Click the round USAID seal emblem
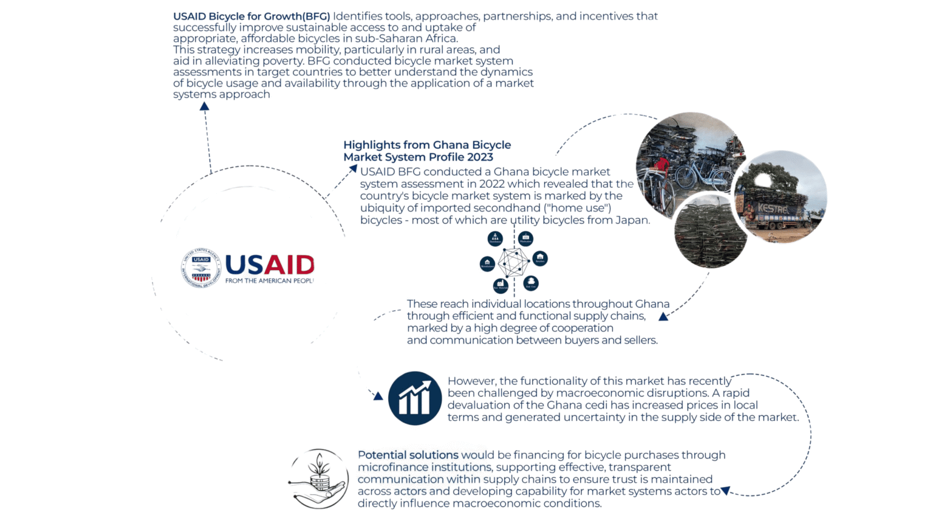click(201, 268)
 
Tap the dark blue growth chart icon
click(415, 398)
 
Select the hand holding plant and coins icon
click(318, 479)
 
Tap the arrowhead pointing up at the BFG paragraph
click(205, 106)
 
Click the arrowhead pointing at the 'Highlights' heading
click(352, 168)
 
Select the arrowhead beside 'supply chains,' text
click(663, 316)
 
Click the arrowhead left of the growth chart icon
click(378, 396)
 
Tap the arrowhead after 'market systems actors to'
click(725, 491)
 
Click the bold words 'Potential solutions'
click(408, 455)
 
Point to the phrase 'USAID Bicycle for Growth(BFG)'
click(251, 16)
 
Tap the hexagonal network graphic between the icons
click(513, 262)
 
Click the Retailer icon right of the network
click(540, 259)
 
